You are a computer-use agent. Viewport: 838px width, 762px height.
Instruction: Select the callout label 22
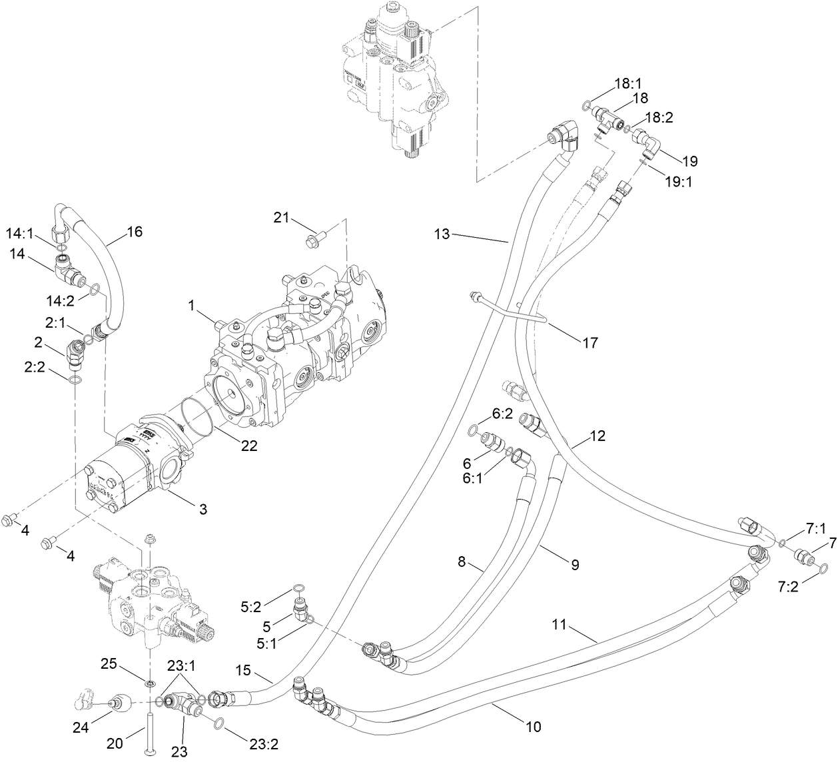249,447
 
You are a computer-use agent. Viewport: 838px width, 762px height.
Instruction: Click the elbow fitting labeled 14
67,270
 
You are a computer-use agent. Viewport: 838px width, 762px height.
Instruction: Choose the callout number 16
135,232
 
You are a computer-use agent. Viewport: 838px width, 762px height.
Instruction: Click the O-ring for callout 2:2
76,380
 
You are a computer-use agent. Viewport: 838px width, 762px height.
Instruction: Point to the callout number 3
203,510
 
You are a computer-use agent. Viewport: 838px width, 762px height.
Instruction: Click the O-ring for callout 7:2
824,568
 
